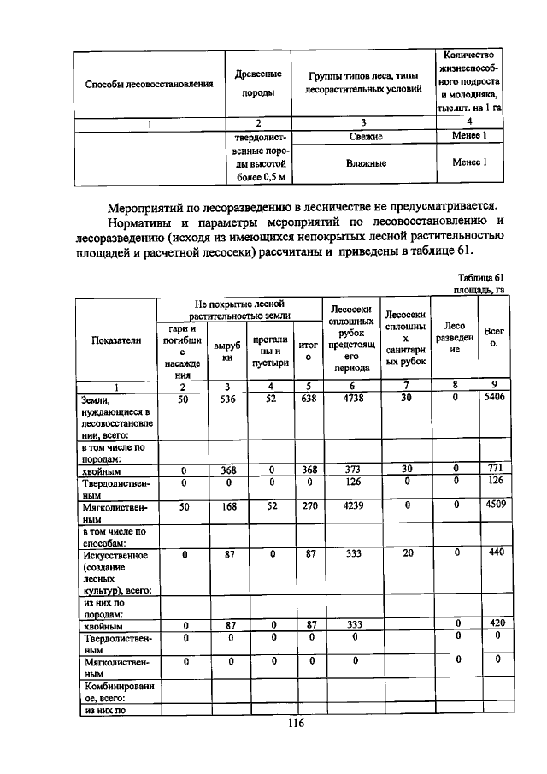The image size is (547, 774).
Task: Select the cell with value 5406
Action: [493, 398]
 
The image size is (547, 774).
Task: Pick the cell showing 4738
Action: [348, 398]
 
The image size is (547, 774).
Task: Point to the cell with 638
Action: [310, 398]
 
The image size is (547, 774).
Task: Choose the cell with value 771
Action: [493, 469]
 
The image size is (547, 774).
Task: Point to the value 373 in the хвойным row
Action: [348, 469]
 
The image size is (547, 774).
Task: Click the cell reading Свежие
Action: [366, 136]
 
